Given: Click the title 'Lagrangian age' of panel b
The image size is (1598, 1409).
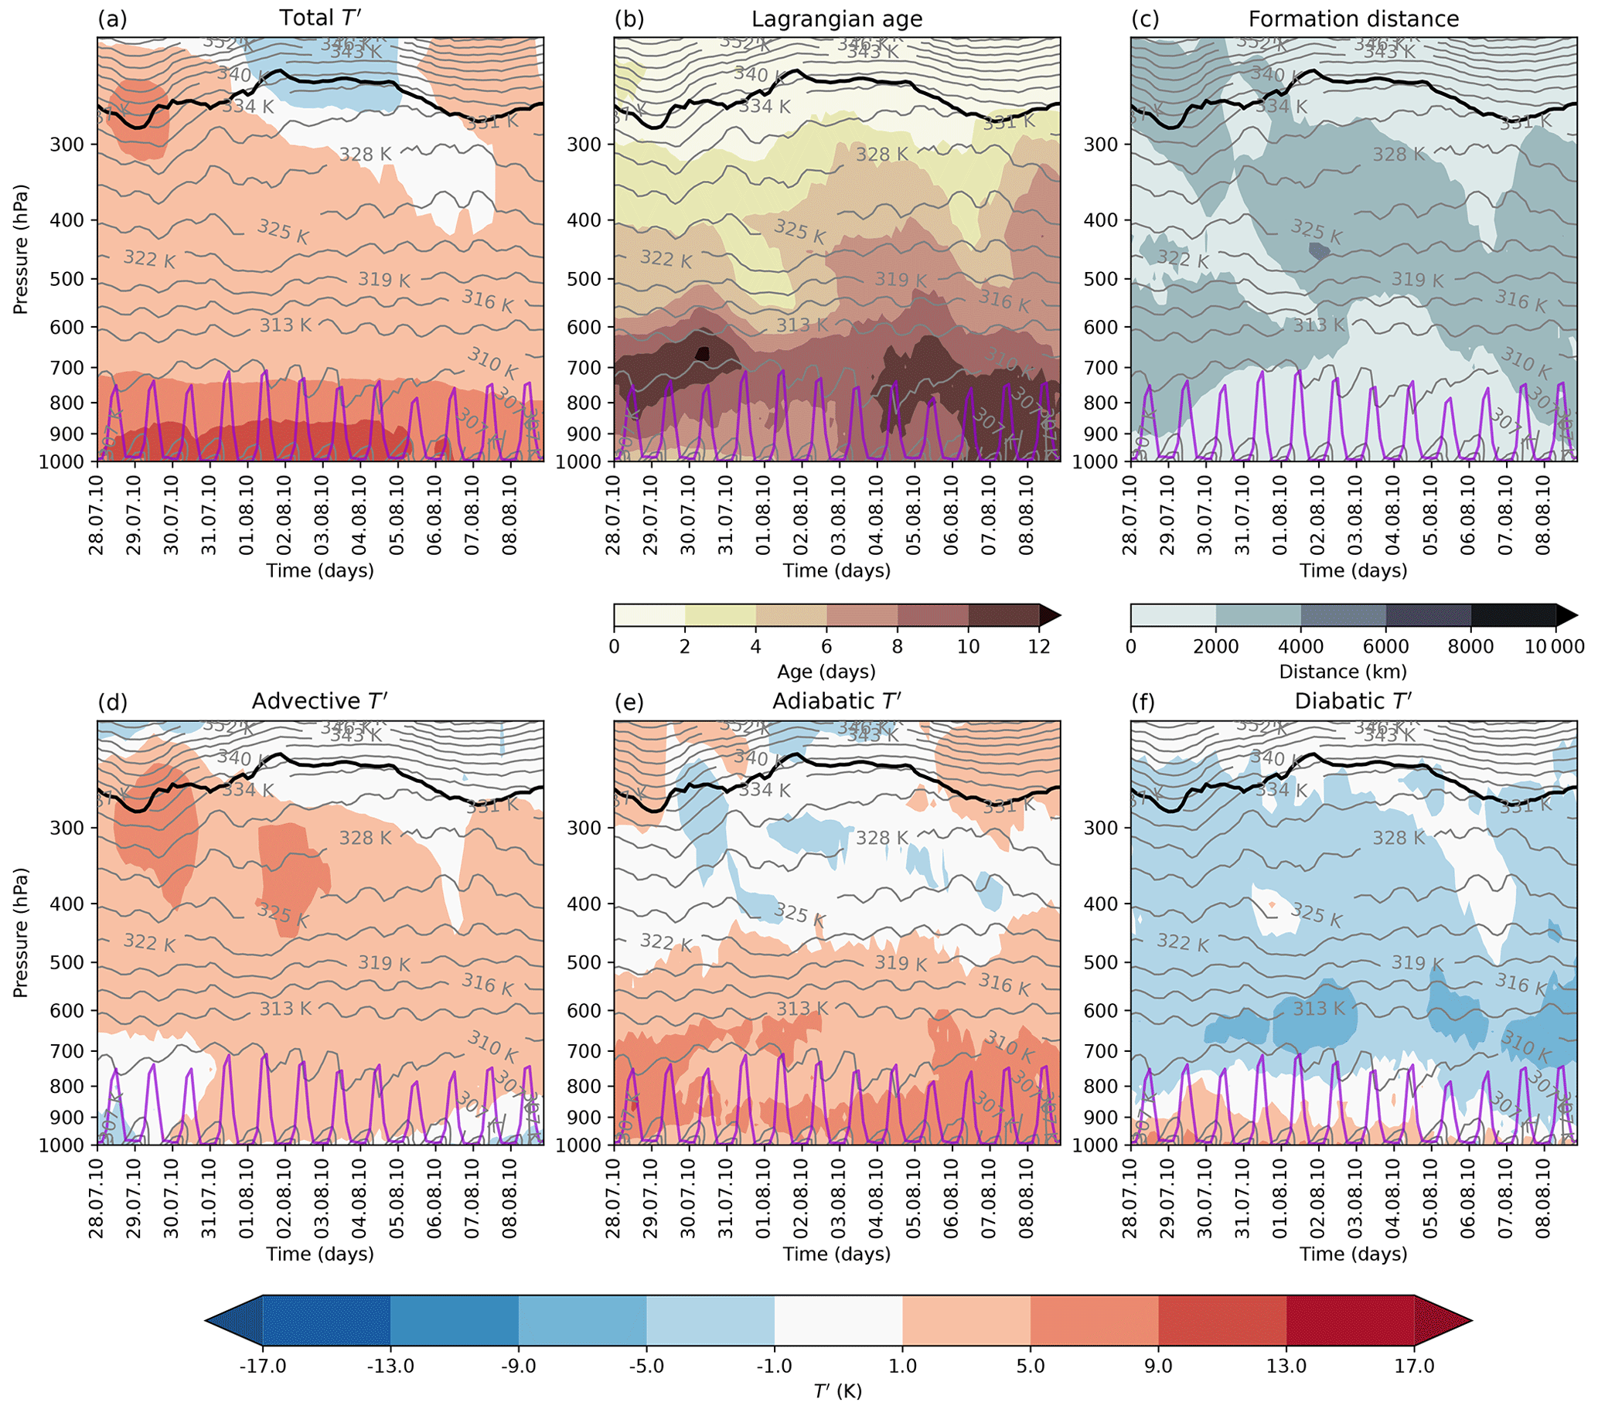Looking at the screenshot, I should click(836, 19).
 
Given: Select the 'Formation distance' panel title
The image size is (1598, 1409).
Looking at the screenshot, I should click(1353, 19).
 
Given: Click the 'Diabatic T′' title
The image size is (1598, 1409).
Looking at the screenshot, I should click(1352, 701).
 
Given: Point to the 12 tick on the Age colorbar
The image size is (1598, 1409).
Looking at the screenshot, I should click(1039, 646).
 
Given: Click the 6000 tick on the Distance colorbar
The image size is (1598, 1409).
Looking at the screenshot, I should click(1386, 646).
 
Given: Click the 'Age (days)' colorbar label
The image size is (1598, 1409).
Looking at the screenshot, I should click(826, 672).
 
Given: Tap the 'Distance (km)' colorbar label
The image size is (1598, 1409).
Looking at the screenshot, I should click(1342, 672).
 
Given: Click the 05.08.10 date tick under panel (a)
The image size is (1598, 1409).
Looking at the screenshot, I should click(397, 513).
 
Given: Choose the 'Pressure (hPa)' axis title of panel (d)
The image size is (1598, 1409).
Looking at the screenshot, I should click(20, 931).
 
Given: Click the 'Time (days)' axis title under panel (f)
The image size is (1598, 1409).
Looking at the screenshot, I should click(1353, 1254).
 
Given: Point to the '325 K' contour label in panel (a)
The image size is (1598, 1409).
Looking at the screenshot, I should click(283, 231).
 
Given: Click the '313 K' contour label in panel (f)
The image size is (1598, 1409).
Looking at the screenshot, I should click(1319, 1009).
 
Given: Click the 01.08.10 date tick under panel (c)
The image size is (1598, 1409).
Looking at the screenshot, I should click(1280, 513).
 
